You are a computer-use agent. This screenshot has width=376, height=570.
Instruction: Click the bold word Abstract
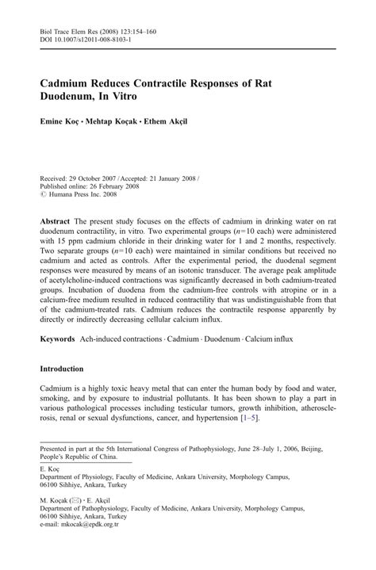57,217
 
